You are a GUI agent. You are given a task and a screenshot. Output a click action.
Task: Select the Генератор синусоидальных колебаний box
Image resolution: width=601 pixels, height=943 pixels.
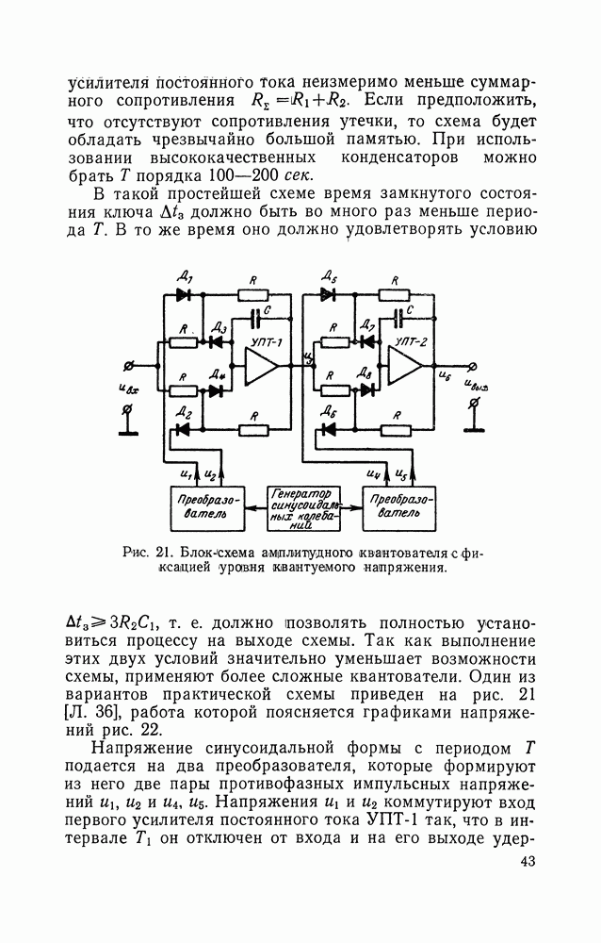302,509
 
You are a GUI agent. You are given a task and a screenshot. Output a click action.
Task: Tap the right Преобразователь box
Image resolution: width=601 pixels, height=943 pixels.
400,509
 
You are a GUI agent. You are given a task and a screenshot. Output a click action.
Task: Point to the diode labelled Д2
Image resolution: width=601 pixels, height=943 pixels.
185,429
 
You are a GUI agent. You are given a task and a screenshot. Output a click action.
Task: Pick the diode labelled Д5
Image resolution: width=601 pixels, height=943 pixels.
328,294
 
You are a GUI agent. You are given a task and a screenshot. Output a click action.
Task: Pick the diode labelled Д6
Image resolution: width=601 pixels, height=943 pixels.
329,429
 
